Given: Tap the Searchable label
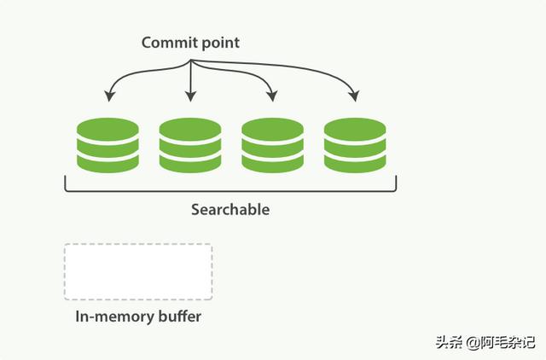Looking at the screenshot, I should pos(229,209).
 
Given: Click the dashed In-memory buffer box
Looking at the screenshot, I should pos(137,272).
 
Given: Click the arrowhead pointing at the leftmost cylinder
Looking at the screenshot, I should pos(108,95).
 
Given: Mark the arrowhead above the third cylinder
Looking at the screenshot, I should pos(273,96).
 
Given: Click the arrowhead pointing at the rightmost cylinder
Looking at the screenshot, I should pos(355,96).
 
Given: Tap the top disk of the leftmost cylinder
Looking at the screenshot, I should pos(107,129).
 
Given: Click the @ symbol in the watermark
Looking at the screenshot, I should pos(470,343).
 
